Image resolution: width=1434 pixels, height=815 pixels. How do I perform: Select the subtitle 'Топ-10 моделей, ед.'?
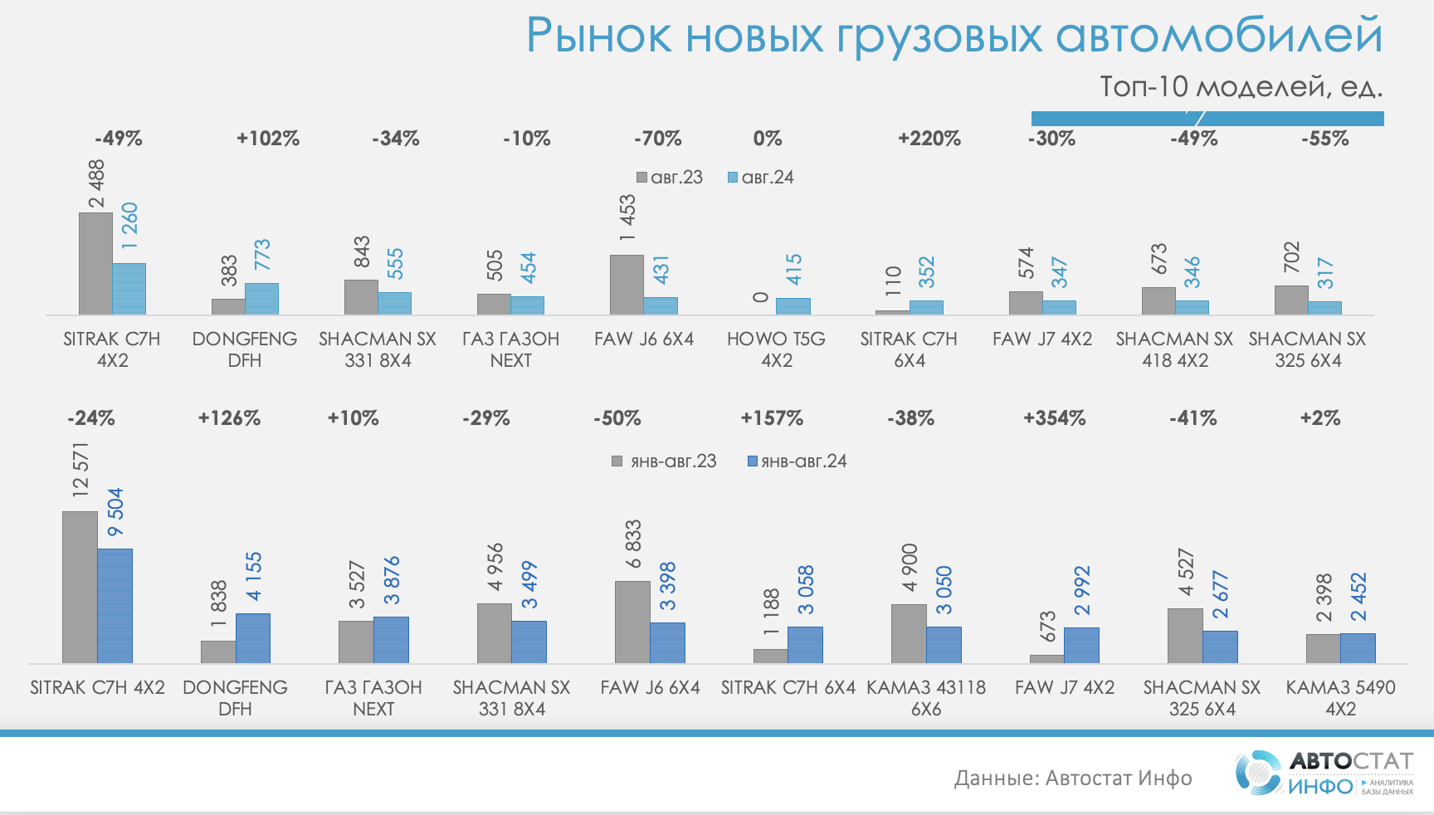pyautogui.click(x=1241, y=86)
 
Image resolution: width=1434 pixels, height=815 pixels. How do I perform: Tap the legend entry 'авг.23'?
pyautogui.click(x=670, y=178)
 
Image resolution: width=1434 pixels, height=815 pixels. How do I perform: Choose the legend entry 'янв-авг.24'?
pyautogui.click(x=797, y=461)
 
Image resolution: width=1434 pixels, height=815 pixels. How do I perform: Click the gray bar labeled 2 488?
pyautogui.click(x=95, y=264)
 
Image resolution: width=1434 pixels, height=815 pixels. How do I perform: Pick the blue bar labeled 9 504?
pyautogui.click(x=115, y=606)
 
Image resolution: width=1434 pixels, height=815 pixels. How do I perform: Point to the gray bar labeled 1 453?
pyautogui.click(x=627, y=285)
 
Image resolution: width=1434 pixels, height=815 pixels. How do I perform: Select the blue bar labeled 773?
pyautogui.click(x=261, y=299)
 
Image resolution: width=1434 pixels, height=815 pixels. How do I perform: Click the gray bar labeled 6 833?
pyautogui.click(x=632, y=622)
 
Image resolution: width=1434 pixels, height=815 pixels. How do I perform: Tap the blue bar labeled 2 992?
pyautogui.click(x=1081, y=645)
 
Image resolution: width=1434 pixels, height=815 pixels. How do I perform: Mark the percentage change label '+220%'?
pyautogui.click(x=929, y=139)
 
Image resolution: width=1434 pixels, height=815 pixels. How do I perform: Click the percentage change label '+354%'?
pyautogui.click(x=1054, y=418)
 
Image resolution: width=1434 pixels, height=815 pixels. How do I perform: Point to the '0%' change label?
pyautogui.click(x=768, y=139)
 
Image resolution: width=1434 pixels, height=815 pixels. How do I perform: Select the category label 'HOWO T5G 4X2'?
pyautogui.click(x=777, y=349)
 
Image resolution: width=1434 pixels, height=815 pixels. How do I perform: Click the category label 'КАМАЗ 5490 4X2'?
pyautogui.click(x=1340, y=698)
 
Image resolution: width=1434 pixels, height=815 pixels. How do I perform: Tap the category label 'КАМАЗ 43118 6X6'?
pyautogui.click(x=926, y=698)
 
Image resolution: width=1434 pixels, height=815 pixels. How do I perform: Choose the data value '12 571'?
pyautogui.click(x=80, y=470)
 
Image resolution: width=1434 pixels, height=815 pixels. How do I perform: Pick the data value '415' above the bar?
pyautogui.click(x=793, y=270)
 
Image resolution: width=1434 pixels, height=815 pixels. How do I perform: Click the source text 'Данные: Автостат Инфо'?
pyautogui.click(x=1073, y=778)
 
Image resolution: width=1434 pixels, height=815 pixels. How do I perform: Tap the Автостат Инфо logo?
pyautogui.click(x=1324, y=773)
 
